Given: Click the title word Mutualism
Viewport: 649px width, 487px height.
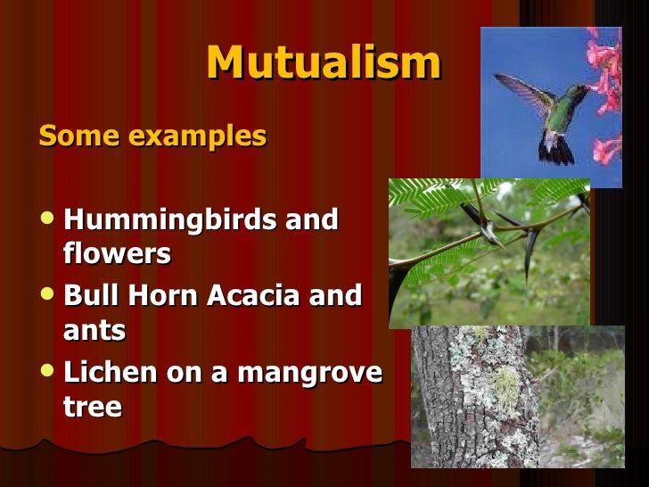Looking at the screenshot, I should pyautogui.click(x=323, y=63).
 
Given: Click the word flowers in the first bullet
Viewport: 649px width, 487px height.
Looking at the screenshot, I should pyautogui.click(x=117, y=254).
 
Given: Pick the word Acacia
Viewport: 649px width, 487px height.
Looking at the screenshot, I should pyautogui.click(x=255, y=296).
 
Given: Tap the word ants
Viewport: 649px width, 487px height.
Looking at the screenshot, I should pyautogui.click(x=94, y=331).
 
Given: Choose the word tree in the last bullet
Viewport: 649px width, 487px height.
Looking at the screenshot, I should pyautogui.click(x=92, y=407).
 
